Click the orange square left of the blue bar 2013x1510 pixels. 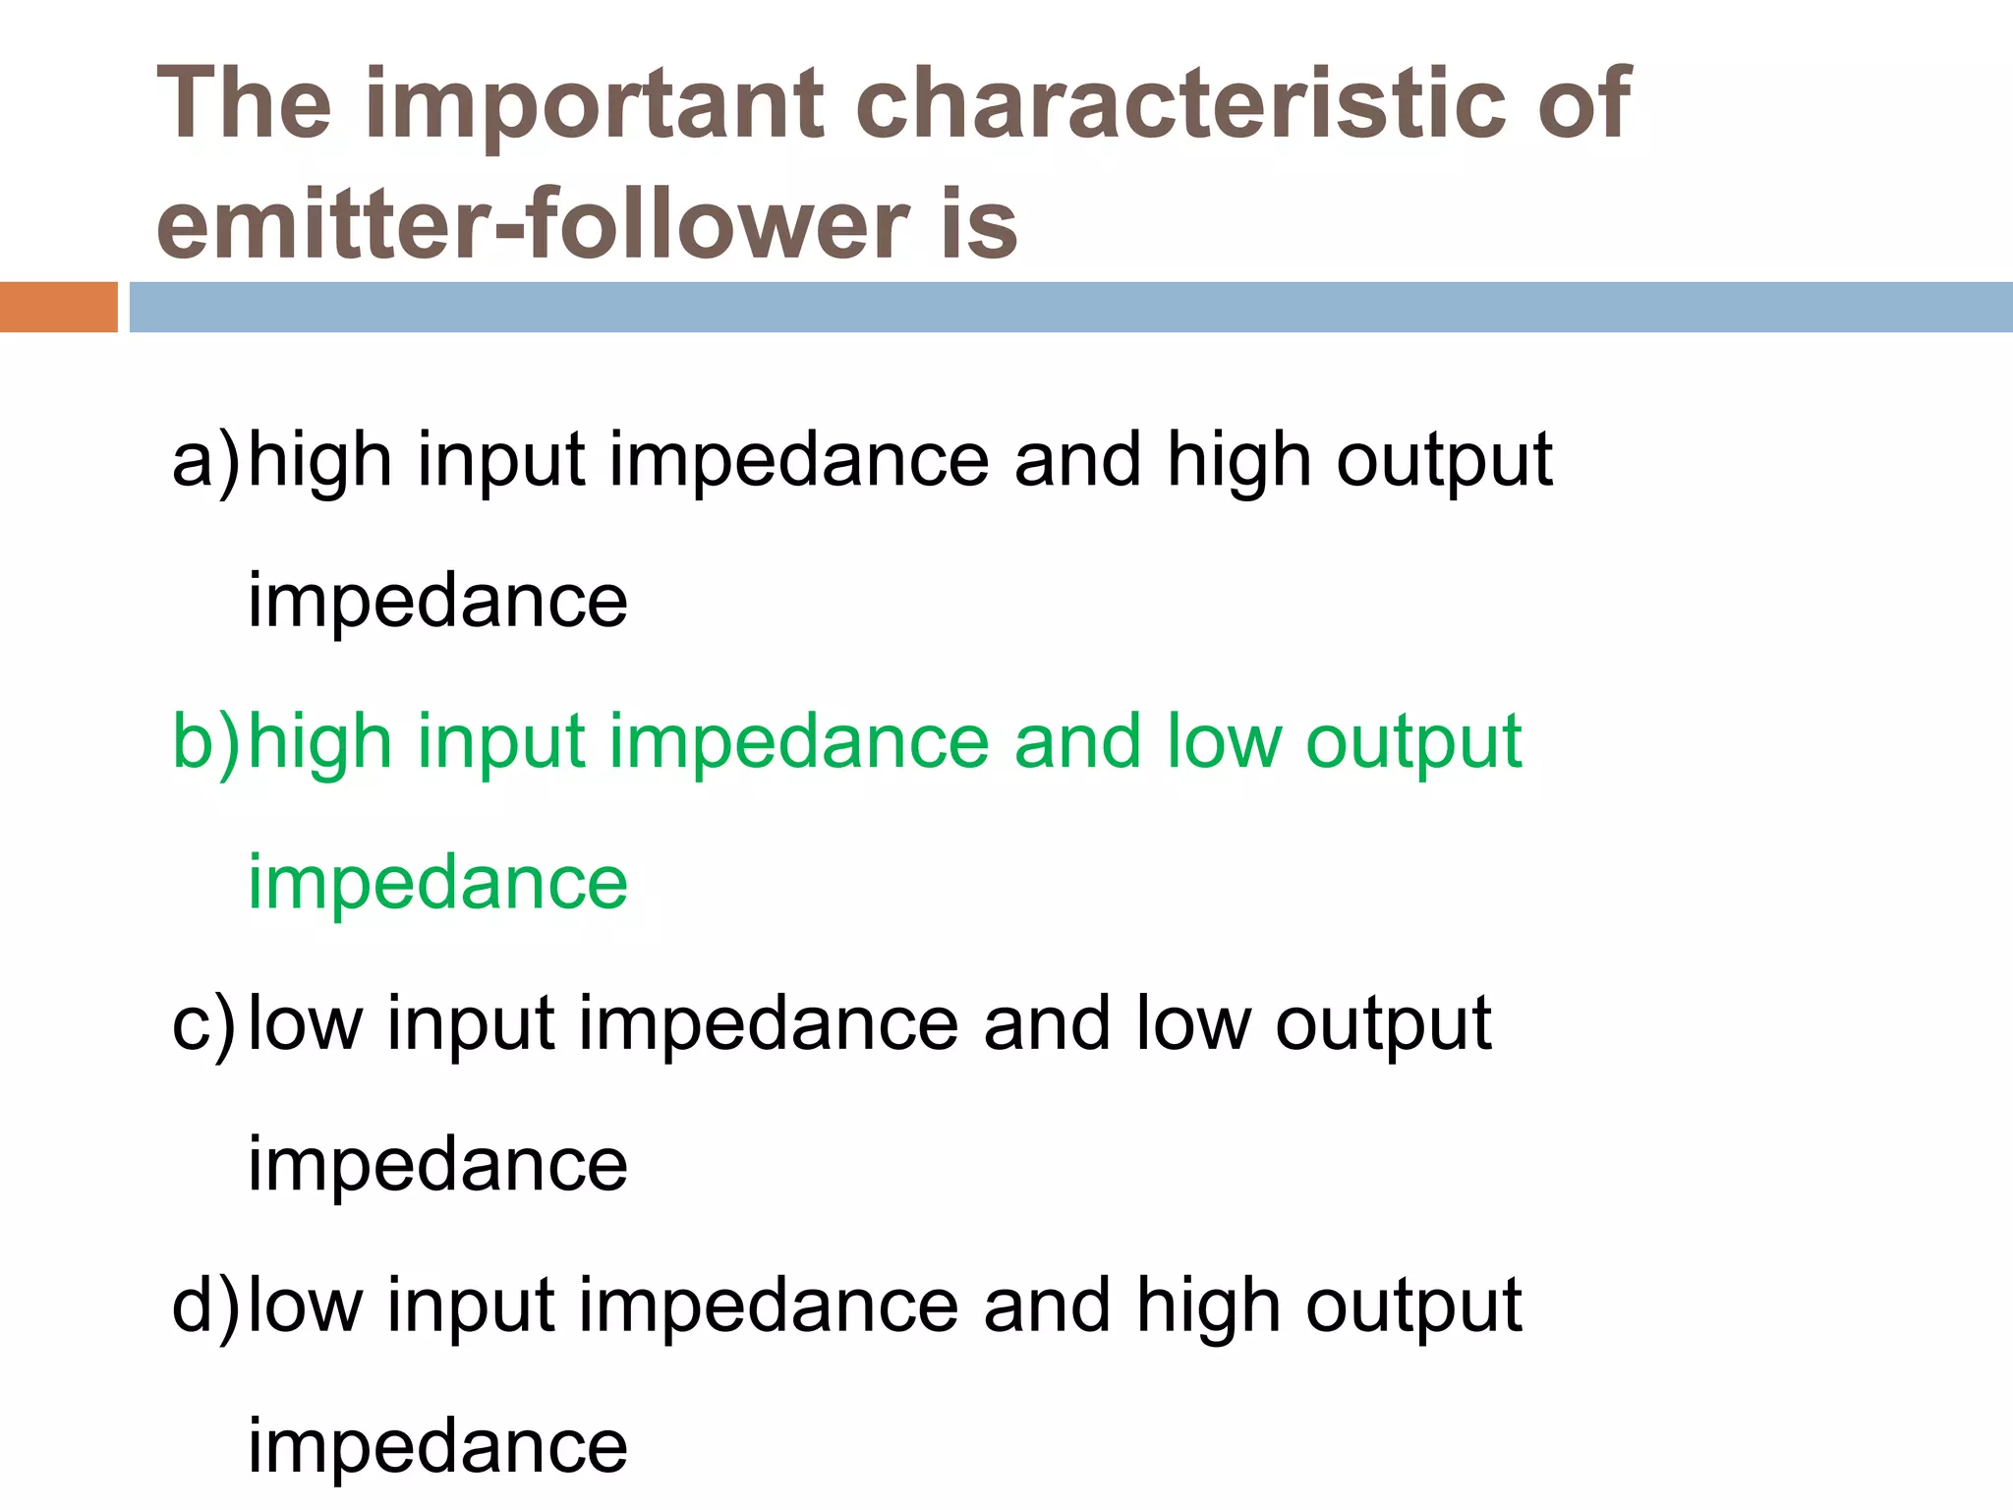point(58,307)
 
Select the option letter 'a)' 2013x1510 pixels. point(204,460)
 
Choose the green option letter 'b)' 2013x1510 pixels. point(204,742)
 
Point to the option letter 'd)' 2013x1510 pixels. point(204,1307)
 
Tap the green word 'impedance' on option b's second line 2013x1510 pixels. point(437,882)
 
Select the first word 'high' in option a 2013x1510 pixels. point(319,460)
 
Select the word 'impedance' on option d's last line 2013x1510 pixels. point(437,1446)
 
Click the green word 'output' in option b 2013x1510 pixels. point(1413,742)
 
